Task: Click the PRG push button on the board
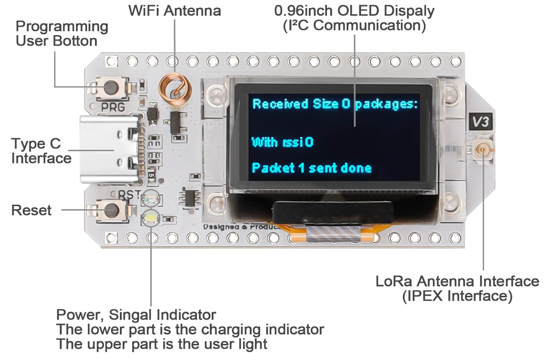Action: (x=110, y=87)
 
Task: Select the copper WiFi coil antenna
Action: (x=174, y=88)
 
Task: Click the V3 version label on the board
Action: (x=480, y=122)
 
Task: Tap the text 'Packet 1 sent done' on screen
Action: (x=311, y=168)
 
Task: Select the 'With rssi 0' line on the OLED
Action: (x=282, y=142)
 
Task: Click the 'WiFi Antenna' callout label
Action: (x=175, y=10)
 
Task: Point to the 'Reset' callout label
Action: (x=31, y=210)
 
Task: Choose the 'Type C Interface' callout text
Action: (x=41, y=151)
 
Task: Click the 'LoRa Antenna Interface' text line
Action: (x=457, y=281)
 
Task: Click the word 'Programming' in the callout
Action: (x=62, y=26)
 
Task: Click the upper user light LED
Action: (x=151, y=196)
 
